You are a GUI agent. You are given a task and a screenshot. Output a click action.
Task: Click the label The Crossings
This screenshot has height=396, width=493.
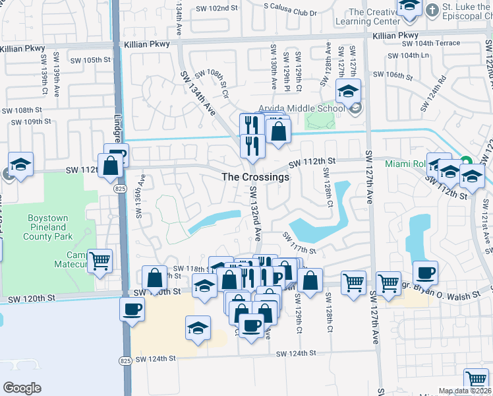[256, 177]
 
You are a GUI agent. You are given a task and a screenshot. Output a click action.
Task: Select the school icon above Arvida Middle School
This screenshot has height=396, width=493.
[348, 92]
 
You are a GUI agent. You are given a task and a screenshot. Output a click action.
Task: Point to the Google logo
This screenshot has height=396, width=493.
[22, 388]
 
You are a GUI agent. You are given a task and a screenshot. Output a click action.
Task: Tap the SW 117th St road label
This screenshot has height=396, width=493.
[300, 242]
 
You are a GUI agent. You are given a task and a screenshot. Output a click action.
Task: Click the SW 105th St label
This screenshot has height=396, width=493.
[91, 59]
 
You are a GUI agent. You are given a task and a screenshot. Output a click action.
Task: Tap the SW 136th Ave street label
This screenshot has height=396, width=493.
[140, 196]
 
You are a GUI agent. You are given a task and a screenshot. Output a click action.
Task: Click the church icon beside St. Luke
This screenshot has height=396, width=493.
[432, 10]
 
